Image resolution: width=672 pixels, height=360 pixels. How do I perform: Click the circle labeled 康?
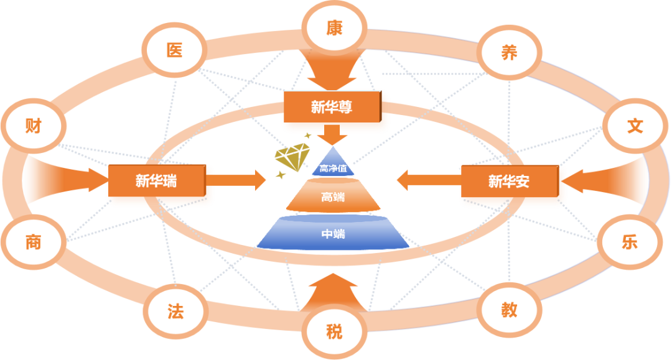pos(334,28)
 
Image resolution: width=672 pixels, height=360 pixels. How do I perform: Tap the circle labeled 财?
pos(33,126)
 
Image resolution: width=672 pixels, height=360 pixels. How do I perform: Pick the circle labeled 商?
pos(33,242)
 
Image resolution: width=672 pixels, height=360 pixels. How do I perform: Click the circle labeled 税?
pos(334,331)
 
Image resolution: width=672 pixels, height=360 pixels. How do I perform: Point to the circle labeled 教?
pos(509,310)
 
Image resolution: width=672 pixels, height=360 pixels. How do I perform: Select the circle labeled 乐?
pos(629,242)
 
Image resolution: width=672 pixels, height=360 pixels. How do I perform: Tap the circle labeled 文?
pos(634,126)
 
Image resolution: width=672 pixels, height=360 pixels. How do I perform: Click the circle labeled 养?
pos(509,53)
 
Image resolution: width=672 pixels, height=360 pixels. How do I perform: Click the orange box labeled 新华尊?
pos(332,108)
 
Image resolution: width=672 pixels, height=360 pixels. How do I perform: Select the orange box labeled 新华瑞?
pos(156,181)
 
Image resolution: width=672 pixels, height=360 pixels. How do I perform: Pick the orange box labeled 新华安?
pos(508,182)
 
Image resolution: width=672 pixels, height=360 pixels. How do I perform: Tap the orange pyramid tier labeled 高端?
pos(333,198)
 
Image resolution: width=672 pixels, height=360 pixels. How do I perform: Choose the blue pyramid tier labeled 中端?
pos(333,234)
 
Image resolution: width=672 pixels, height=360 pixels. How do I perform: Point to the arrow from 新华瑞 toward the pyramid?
pos(240,180)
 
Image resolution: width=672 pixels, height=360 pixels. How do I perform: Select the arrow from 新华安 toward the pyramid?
pos(428,180)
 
